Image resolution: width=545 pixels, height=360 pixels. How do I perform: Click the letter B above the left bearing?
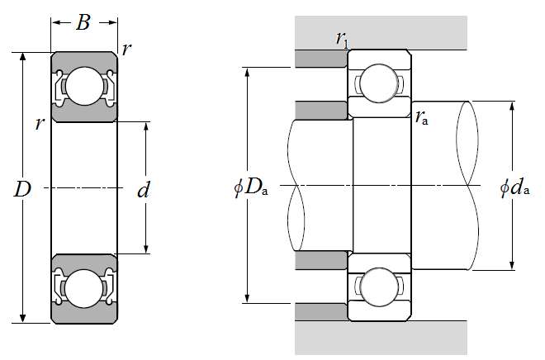pyautogui.click(x=83, y=22)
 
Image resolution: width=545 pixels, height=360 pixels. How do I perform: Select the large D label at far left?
pyautogui.click(x=22, y=190)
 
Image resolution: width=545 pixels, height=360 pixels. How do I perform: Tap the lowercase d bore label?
pyautogui.click(x=144, y=191)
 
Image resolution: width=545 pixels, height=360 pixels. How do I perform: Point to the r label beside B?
pyautogui.click(x=126, y=49)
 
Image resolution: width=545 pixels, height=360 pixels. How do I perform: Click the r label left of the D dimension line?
pyautogui.click(x=38, y=124)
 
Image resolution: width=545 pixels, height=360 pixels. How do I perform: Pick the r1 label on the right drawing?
pyautogui.click(x=341, y=38)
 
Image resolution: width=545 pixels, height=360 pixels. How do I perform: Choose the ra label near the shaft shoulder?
pyautogui.click(x=423, y=117)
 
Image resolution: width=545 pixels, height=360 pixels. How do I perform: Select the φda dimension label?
pyautogui.click(x=514, y=188)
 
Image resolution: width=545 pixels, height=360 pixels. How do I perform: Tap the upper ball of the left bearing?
pyautogui.click(x=83, y=85)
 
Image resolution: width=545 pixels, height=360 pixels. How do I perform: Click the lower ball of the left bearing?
pyautogui.click(x=83, y=289)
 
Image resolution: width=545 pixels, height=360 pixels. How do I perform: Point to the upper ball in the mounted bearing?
pyautogui.click(x=379, y=83)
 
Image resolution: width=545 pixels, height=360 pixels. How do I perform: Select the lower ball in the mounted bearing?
pyautogui.click(x=379, y=287)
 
